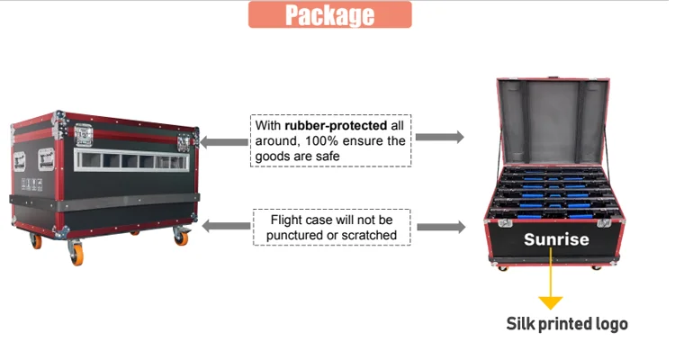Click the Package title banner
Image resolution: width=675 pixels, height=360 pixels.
click(x=329, y=14)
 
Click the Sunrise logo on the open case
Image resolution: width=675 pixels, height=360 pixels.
click(x=556, y=239)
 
